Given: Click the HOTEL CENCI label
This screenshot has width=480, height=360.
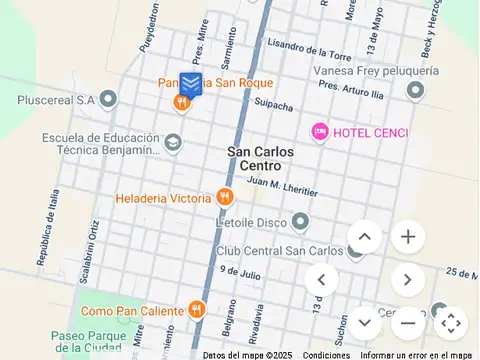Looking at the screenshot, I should click(370, 132).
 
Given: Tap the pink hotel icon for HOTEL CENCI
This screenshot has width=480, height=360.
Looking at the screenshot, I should click(320, 131).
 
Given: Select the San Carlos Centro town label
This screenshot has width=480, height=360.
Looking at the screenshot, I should click(260, 158).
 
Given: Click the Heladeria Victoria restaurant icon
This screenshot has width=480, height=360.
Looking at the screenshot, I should click(226, 198).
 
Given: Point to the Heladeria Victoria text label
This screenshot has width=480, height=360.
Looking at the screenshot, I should click(163, 198).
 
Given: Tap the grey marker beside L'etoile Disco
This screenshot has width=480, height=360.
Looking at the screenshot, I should click(299, 221).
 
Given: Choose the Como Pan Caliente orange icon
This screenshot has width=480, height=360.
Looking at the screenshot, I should click(198, 310).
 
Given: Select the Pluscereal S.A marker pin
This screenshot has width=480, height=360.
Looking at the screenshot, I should click(109, 99).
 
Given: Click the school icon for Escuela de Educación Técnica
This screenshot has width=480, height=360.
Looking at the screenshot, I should click(173, 143).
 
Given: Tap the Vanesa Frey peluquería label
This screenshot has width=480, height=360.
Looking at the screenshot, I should click(375, 71).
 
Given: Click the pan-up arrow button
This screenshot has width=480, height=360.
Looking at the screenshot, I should click(364, 237).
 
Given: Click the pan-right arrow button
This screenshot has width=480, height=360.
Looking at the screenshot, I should click(407, 280).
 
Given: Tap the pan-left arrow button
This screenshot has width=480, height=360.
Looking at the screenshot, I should click(321, 280).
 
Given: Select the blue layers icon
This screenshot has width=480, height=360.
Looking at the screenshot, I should click(190, 84).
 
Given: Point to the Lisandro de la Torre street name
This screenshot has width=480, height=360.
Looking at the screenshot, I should click(309, 49).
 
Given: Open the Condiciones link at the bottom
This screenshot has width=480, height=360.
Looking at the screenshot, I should click(326, 355).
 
